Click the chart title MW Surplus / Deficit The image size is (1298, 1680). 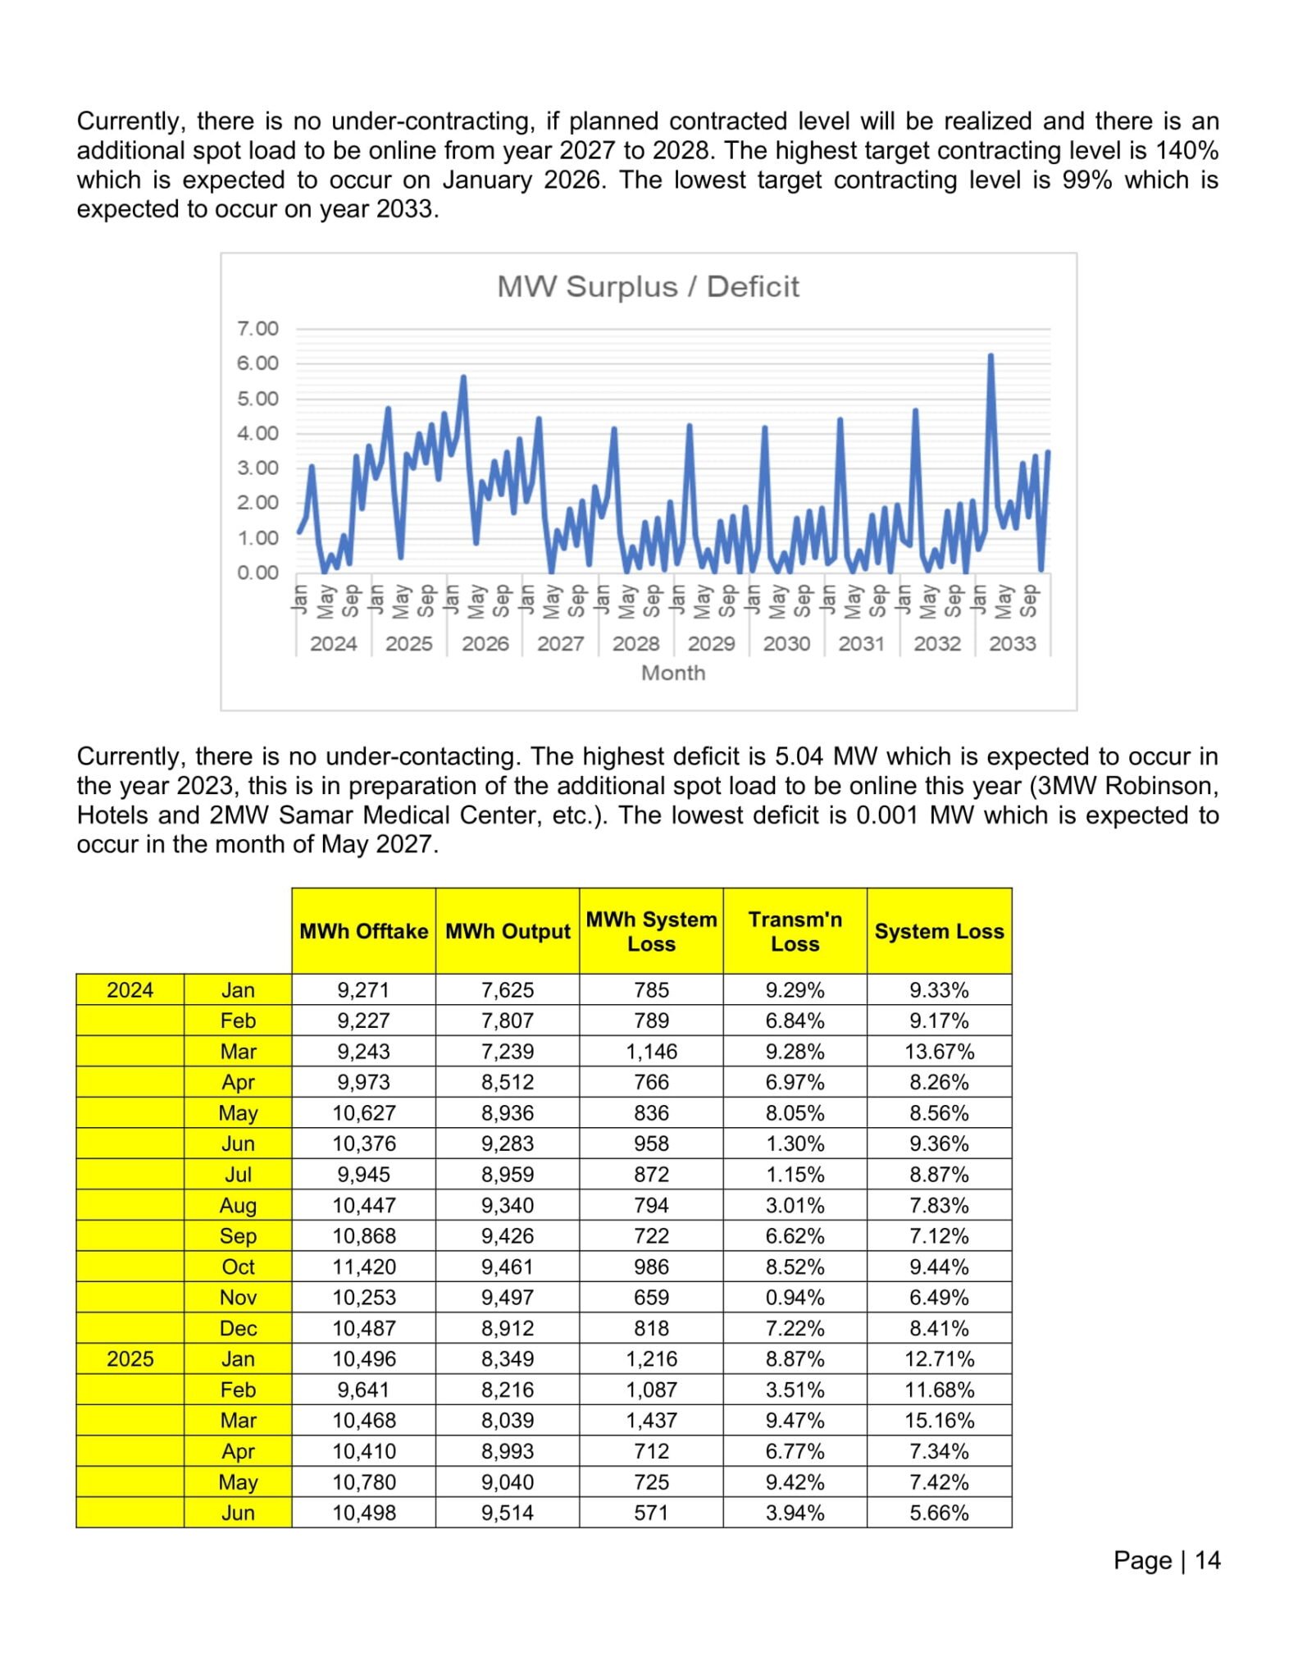[x=648, y=287]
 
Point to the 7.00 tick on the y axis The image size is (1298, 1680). [x=257, y=329]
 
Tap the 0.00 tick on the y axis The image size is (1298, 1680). [x=257, y=573]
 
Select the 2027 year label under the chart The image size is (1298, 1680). [x=560, y=644]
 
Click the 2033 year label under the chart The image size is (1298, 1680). [x=1012, y=644]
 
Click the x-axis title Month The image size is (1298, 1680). [x=673, y=673]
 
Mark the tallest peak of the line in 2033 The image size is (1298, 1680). [x=991, y=357]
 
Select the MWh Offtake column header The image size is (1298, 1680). [x=363, y=931]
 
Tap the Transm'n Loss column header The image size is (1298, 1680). [x=795, y=931]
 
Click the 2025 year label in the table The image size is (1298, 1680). [x=130, y=1359]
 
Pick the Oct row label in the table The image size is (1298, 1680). [x=238, y=1267]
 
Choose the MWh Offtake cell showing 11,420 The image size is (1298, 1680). [x=363, y=1267]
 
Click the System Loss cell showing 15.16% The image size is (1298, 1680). [x=939, y=1421]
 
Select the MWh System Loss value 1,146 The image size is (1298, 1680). [x=651, y=1052]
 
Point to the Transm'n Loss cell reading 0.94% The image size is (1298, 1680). [x=795, y=1298]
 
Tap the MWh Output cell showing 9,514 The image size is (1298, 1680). [x=508, y=1513]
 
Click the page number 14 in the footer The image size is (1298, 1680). [x=1207, y=1560]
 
